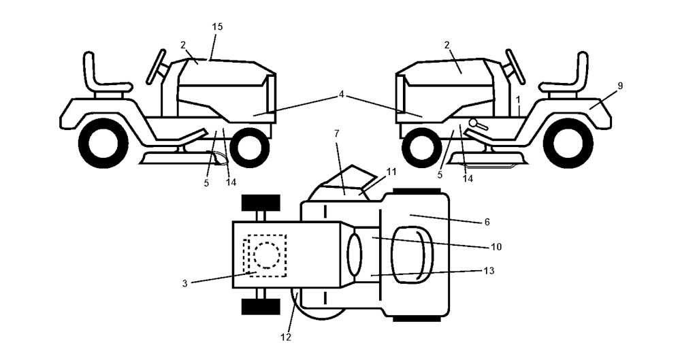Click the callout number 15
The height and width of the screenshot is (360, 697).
click(217, 27)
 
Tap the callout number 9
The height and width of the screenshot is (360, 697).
click(620, 86)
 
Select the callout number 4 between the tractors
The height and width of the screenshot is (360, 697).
click(342, 94)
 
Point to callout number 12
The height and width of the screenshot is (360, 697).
click(287, 338)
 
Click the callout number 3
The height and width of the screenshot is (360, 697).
click(185, 284)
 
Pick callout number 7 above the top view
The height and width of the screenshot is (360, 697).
click(336, 133)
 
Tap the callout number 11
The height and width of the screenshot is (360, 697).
click(391, 171)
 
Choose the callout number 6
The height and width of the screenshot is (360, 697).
click(487, 222)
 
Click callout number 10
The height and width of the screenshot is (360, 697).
click(496, 246)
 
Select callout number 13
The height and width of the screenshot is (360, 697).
click(489, 271)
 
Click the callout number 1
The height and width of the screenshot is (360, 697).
click(518, 99)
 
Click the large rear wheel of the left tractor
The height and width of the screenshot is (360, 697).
click(103, 143)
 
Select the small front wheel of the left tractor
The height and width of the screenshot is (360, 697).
click(249, 148)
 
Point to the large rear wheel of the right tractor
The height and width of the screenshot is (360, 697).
click(568, 143)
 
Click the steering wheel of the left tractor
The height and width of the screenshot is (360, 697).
click(157, 67)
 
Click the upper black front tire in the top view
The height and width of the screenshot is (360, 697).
click(261, 203)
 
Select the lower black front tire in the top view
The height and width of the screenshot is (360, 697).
click(261, 307)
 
